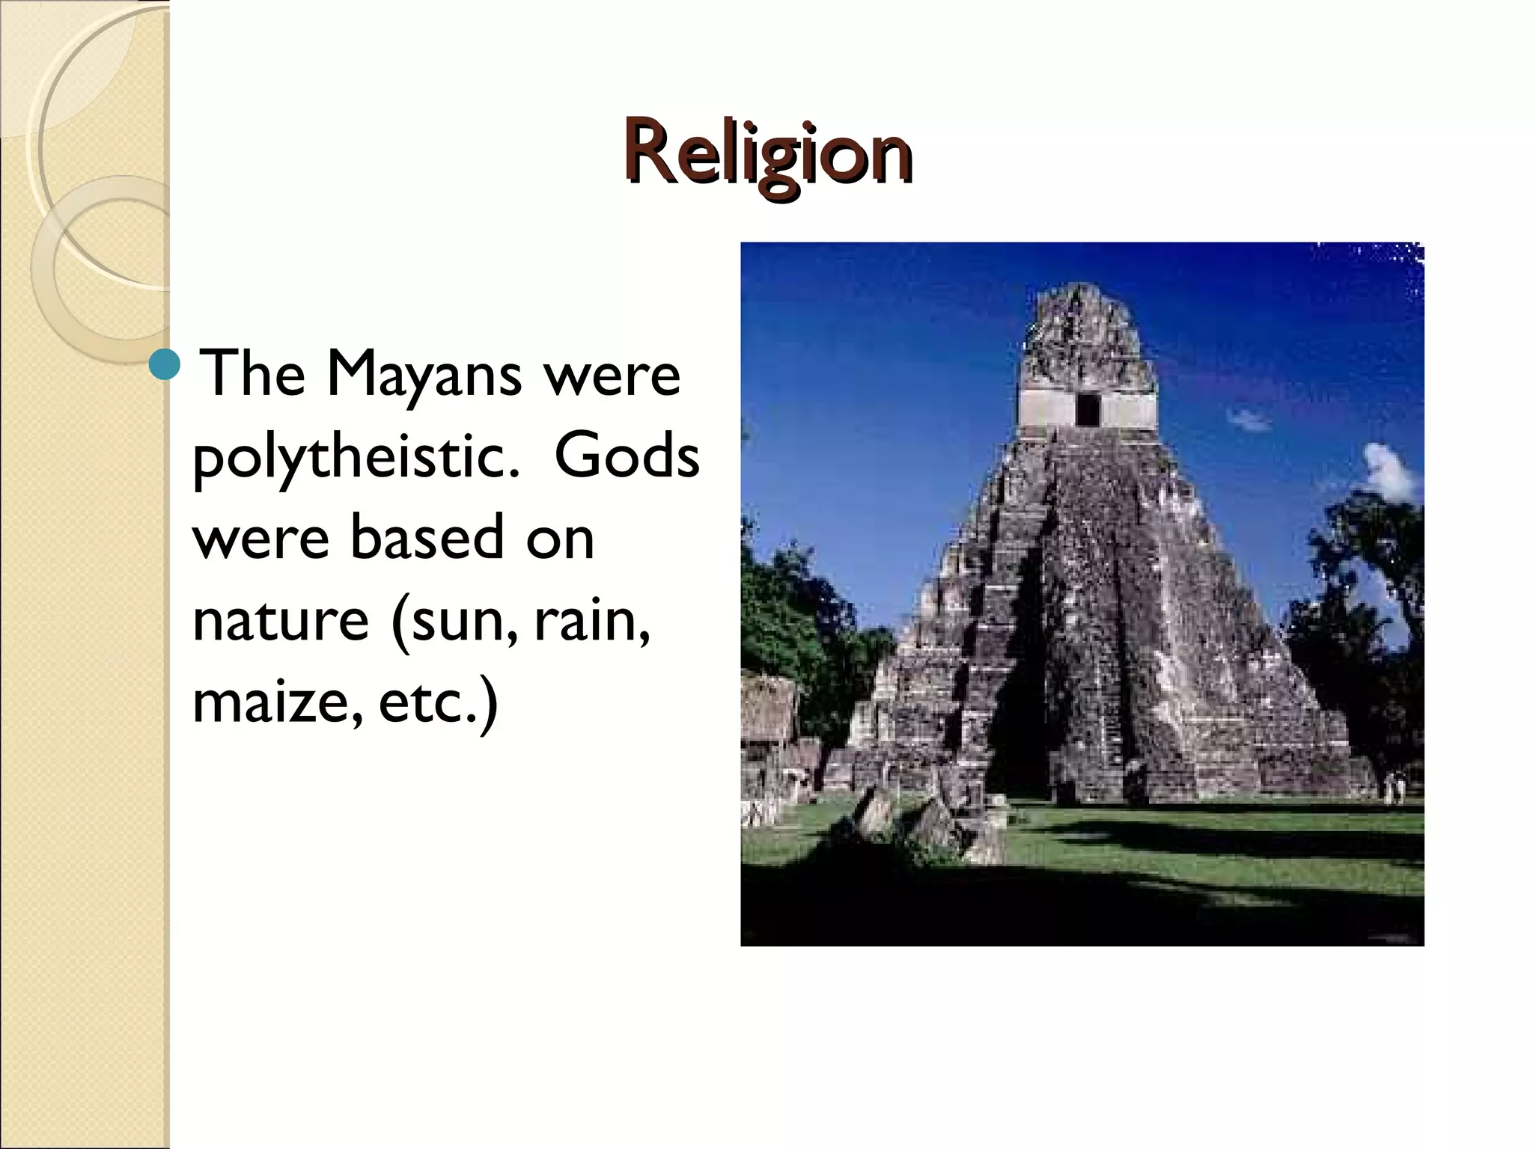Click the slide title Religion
768,153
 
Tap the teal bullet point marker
165,366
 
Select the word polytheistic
356,458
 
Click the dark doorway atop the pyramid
1087,409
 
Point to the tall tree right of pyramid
1362,598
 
